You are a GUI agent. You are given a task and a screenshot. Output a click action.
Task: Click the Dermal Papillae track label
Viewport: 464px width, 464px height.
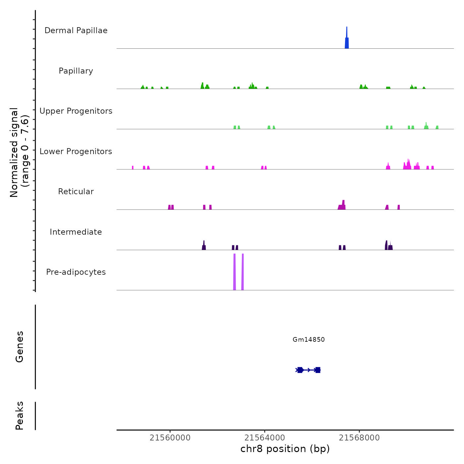(x=76, y=30)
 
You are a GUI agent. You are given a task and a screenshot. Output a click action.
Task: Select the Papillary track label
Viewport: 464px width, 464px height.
(x=76, y=71)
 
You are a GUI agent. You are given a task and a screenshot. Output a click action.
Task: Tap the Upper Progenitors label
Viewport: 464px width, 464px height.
(x=76, y=111)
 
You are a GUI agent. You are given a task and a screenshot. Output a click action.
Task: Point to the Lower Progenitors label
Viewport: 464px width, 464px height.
(x=76, y=151)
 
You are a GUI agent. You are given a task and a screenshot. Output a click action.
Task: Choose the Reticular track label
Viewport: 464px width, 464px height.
(x=76, y=192)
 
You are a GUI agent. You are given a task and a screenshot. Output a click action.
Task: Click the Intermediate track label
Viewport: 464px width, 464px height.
(x=76, y=232)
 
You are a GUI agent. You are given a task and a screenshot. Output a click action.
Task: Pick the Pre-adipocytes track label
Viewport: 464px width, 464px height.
(x=76, y=272)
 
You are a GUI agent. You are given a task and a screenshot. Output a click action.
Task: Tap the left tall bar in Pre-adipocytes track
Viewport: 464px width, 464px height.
(x=235, y=272)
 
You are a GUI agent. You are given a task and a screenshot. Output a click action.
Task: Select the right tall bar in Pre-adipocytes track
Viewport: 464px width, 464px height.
(x=243, y=272)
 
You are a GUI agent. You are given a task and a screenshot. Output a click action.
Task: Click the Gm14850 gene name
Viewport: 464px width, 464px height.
(x=309, y=339)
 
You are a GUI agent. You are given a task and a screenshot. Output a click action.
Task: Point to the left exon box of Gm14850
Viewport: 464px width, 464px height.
(x=300, y=370)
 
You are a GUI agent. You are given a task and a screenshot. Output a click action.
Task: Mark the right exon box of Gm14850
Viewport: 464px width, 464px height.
(x=318, y=370)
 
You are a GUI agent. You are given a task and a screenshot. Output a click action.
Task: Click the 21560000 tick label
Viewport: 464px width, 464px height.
(x=170, y=438)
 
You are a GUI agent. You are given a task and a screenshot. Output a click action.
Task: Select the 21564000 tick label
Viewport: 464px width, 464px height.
(x=265, y=438)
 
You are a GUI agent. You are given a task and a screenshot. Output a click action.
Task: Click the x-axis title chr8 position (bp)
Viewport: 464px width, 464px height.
(x=285, y=449)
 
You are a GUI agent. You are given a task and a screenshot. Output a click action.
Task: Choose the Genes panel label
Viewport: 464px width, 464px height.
(x=20, y=347)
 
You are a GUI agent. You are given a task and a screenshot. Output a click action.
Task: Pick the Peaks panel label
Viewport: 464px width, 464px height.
(x=20, y=416)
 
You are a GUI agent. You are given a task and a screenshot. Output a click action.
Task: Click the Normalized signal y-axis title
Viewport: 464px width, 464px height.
(x=19, y=152)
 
